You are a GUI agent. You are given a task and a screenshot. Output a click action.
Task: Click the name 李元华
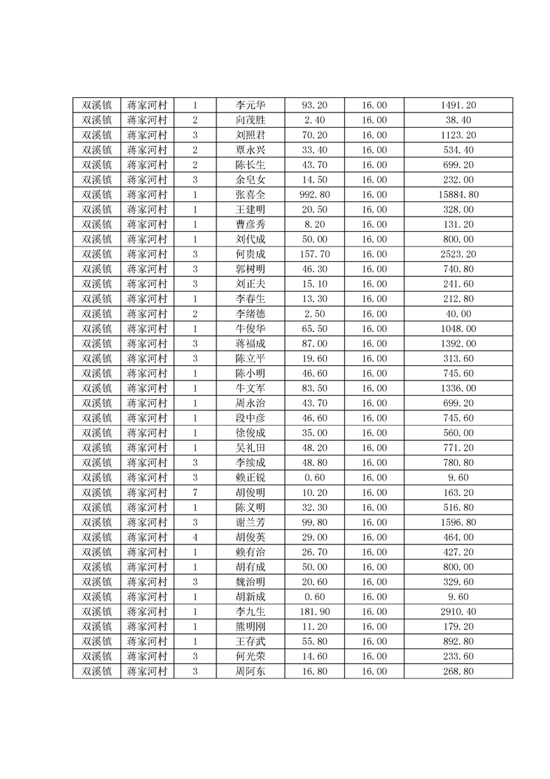250,106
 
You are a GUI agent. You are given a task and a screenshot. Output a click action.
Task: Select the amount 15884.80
458,194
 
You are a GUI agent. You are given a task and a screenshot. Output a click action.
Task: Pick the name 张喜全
250,194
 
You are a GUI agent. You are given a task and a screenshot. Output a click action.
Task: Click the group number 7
196,492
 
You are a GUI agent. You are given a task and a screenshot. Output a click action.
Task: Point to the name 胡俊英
250,537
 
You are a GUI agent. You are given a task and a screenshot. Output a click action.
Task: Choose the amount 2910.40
458,611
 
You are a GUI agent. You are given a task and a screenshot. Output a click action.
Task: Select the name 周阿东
250,671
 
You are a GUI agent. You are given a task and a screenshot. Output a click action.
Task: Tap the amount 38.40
458,120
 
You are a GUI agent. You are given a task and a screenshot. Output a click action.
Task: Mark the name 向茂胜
250,120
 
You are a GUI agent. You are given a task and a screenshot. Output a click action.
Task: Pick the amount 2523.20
458,254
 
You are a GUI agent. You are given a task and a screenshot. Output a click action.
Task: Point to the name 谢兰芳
250,522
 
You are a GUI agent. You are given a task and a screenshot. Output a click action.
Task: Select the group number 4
196,537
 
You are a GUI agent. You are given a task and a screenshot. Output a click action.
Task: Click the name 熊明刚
250,626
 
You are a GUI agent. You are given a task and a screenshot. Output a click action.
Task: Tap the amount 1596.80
458,522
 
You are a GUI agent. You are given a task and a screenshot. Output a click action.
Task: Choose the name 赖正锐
250,478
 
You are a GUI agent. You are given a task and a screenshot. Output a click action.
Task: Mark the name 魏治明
250,581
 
